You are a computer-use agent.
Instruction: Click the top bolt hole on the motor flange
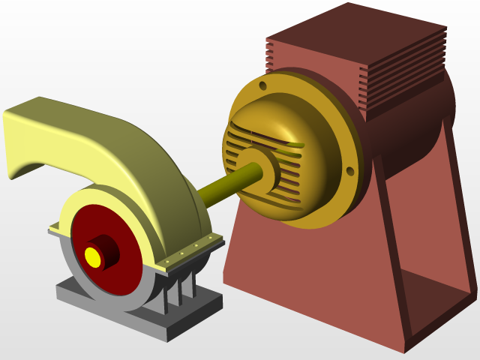(x=262, y=86)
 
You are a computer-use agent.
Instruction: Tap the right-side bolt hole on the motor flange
(x=349, y=172)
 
